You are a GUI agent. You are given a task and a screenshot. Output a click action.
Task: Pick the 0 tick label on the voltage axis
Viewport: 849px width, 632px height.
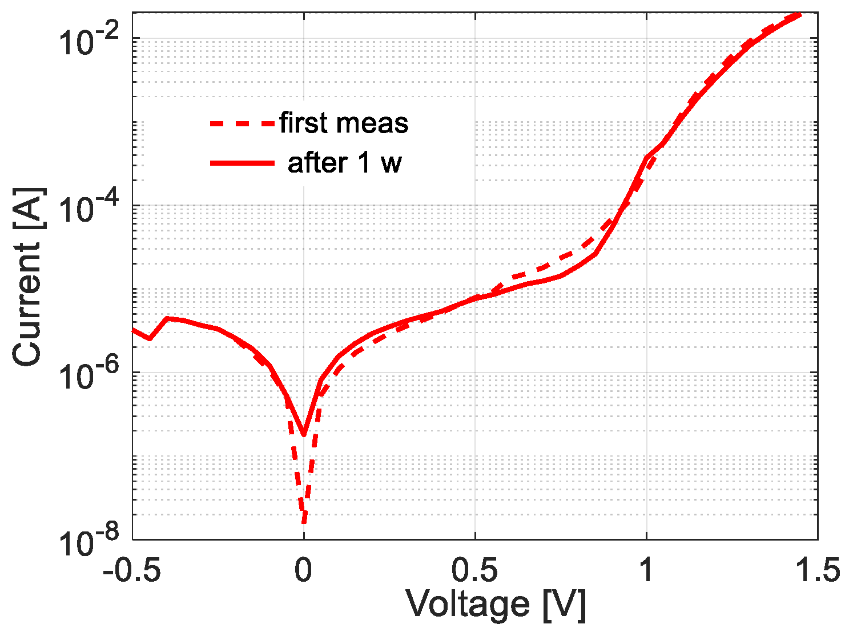pos(304,570)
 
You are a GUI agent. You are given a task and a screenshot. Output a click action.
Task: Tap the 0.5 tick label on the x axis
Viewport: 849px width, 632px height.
pos(475,570)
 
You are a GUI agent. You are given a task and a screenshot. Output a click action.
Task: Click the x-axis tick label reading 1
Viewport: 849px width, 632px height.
pos(646,570)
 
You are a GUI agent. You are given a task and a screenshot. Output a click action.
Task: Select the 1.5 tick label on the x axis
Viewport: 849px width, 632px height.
pos(817,570)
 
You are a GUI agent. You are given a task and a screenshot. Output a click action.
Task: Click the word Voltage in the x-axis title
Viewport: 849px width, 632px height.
pos(467,605)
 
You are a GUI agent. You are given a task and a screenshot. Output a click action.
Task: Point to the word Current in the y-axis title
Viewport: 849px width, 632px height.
pos(27,303)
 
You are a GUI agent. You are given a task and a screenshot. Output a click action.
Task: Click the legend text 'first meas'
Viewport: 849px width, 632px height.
pos(344,123)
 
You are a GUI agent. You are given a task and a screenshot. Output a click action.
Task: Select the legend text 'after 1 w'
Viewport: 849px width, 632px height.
pos(344,163)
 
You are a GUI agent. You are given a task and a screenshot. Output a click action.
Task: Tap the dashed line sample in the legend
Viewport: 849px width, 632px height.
pos(243,123)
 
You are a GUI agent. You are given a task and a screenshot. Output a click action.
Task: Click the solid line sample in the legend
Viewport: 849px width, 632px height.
pos(243,163)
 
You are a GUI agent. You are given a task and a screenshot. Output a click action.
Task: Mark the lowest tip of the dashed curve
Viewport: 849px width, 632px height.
pos(304,521)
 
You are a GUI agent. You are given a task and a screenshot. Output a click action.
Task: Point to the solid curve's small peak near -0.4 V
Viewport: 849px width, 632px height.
pos(167,318)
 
